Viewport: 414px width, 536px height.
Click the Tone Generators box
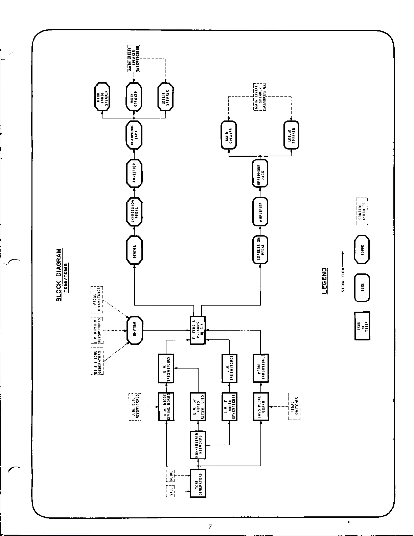[198, 483]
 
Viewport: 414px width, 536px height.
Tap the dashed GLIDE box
[170, 475]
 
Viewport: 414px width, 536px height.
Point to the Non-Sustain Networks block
[198, 445]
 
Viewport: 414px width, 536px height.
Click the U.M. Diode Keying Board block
[166, 406]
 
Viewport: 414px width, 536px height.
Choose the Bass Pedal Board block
[261, 406]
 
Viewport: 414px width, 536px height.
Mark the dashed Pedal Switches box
[294, 406]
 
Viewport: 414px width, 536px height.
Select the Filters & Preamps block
[198, 330]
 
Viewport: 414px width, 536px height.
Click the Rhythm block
[135, 330]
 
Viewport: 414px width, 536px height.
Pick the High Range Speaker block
[102, 96]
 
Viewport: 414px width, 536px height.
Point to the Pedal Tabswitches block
[261, 368]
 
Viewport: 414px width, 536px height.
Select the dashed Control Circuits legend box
[362, 211]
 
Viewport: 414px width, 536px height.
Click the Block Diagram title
[59, 275]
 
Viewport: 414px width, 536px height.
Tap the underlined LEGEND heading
[324, 281]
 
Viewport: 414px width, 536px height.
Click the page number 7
[210, 527]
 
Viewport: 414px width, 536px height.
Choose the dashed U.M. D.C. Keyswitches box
[135, 406]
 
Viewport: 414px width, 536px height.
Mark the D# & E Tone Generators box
[97, 361]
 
